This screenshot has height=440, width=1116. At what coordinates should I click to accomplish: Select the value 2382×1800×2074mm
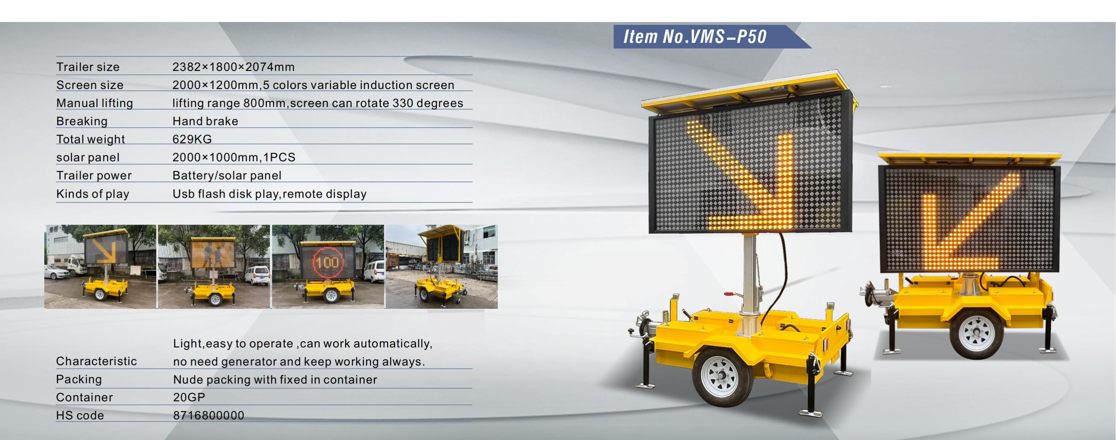pyautogui.click(x=233, y=67)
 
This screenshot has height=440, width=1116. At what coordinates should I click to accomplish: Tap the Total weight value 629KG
pyautogui.click(x=192, y=139)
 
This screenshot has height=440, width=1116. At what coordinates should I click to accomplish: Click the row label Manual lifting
pyautogui.click(x=94, y=103)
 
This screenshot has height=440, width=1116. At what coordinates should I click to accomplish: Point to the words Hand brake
pyautogui.click(x=205, y=121)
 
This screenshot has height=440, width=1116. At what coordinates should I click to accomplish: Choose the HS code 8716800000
pyautogui.click(x=209, y=415)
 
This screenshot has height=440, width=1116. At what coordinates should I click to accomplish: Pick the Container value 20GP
pyautogui.click(x=189, y=397)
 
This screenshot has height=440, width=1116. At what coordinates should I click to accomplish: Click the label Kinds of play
pyautogui.click(x=93, y=194)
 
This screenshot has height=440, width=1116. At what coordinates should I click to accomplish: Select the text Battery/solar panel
pyautogui.click(x=227, y=176)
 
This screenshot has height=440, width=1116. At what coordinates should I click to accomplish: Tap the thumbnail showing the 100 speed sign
pyautogui.click(x=328, y=266)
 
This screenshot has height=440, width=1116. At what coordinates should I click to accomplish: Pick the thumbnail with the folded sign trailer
pyautogui.click(x=442, y=266)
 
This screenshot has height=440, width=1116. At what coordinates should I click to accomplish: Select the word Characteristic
pyautogui.click(x=96, y=361)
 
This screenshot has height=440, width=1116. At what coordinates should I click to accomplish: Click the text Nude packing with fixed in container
pyautogui.click(x=275, y=380)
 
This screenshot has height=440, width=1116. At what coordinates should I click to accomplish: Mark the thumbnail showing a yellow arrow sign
pyautogui.click(x=100, y=266)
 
